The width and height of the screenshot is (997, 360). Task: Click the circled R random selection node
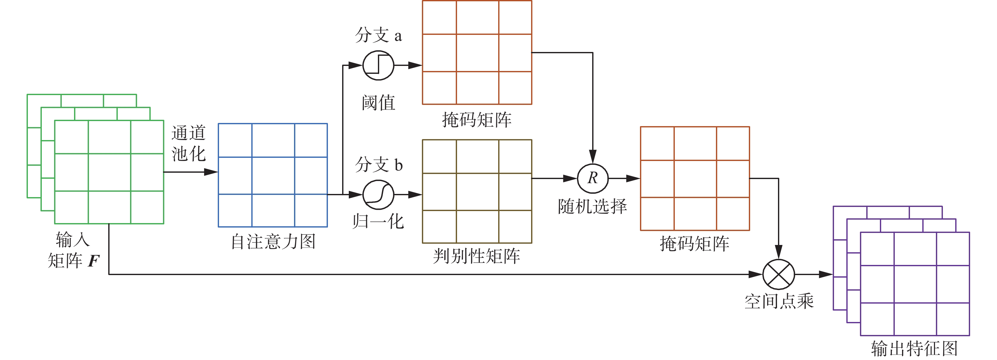tap(593, 178)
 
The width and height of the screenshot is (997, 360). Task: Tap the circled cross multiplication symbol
tap(778, 274)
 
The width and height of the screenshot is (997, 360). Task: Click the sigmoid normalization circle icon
tap(378, 195)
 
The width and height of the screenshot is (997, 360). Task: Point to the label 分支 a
tap(378, 35)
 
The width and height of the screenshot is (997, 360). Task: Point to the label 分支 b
tap(379, 165)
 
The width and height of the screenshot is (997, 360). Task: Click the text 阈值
tap(378, 103)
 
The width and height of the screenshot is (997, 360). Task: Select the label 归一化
tap(378, 222)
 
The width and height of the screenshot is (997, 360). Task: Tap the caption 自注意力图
tap(273, 242)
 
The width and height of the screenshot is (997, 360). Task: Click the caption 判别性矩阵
tap(476, 256)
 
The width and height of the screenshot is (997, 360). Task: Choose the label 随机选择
tap(592, 207)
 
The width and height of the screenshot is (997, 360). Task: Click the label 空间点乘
tap(779, 301)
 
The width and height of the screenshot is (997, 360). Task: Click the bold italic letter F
tap(93, 261)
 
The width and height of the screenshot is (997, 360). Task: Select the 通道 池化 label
tap(189, 143)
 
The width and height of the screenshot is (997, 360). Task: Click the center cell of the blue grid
tap(273, 175)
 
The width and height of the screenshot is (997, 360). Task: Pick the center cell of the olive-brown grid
tap(477, 191)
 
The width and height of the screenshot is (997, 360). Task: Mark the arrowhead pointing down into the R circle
tap(593, 157)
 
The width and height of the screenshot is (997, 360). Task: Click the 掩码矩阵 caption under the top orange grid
tap(476, 120)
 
